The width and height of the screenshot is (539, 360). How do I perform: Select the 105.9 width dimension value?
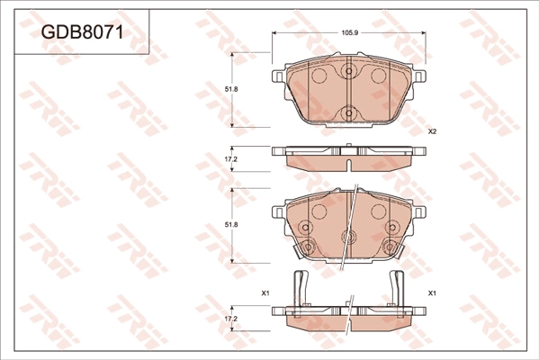coord(350,33)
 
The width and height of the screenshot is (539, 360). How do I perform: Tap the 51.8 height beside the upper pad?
coord(230,89)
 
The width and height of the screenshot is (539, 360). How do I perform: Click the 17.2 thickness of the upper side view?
coord(230,159)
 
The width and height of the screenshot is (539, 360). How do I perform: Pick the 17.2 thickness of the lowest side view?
coord(230,319)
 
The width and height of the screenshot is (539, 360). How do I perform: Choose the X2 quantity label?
coord(432,132)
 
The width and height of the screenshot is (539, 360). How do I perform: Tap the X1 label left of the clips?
coord(265,294)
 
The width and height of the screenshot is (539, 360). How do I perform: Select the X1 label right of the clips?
coord(432,294)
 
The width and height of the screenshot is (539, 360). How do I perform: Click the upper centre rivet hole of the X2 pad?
coord(349,72)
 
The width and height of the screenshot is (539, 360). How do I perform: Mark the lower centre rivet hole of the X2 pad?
coord(349,113)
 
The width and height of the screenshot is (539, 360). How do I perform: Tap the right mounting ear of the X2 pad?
coord(419,77)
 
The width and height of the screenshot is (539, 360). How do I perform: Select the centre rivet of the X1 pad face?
coord(347,238)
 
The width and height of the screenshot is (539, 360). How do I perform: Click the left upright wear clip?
coord(301,289)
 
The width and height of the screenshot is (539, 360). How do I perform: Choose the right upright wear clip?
coord(396,289)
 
